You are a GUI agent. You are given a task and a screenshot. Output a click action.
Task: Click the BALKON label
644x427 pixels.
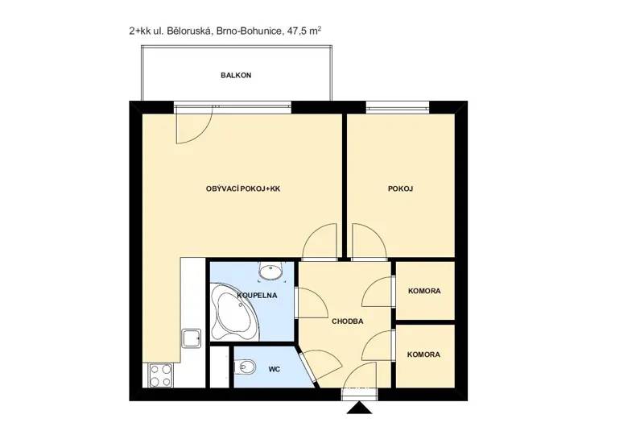(x=236, y=75)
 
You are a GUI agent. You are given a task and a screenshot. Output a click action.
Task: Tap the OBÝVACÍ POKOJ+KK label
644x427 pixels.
(x=243, y=189)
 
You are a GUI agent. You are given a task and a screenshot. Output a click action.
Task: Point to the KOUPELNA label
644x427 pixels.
(x=257, y=296)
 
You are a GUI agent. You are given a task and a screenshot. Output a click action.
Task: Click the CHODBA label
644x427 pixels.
(x=348, y=321)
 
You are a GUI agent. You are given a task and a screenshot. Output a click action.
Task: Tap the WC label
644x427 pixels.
(x=275, y=370)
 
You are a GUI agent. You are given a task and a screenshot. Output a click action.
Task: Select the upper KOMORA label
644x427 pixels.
(x=424, y=291)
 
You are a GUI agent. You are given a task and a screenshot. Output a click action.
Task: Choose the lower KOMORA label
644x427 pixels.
(x=424, y=354)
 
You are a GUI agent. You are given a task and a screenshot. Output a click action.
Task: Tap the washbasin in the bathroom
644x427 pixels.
(x=270, y=272)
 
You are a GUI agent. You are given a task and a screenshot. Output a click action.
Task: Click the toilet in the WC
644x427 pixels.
(x=245, y=366)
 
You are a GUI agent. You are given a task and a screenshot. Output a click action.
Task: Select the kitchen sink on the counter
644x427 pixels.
(x=192, y=338)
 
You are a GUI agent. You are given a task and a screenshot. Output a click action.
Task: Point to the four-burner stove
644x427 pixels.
(x=160, y=375)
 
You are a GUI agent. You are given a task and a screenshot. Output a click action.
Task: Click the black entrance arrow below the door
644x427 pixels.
(x=359, y=408)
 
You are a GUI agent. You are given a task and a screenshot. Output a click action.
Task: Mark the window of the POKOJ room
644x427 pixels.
(x=398, y=108)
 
